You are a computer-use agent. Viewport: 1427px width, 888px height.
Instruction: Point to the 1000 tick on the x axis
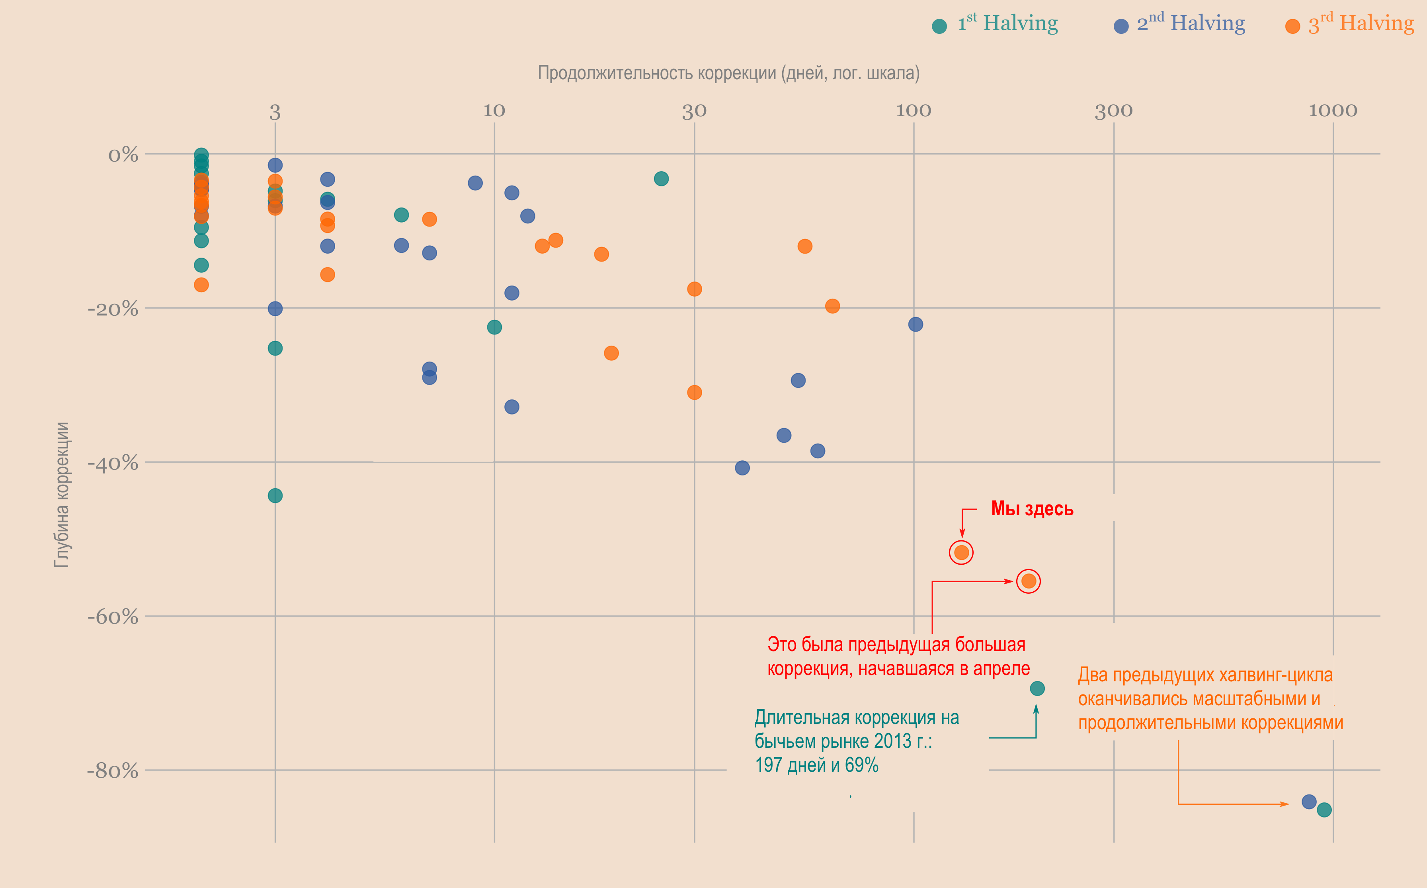tap(1333, 110)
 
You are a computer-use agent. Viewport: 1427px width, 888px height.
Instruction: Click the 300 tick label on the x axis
tap(1114, 110)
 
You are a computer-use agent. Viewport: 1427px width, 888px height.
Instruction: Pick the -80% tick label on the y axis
tap(113, 771)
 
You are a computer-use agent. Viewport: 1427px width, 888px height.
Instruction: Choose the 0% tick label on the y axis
tap(123, 155)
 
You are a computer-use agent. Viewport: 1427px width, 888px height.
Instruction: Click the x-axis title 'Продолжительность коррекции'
tap(728, 73)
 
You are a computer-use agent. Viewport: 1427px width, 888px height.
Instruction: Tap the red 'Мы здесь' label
tap(1032, 509)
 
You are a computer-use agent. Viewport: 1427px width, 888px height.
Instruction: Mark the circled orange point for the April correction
tap(1029, 581)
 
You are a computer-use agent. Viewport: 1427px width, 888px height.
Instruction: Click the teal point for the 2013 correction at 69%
tap(1037, 688)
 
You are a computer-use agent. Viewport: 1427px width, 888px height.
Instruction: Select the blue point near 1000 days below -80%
tap(1308, 802)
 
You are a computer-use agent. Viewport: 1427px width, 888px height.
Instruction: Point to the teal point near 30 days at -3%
tap(661, 178)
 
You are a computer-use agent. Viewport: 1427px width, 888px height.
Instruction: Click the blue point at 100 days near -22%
tap(915, 324)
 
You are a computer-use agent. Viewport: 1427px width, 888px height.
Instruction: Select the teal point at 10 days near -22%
tap(494, 327)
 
